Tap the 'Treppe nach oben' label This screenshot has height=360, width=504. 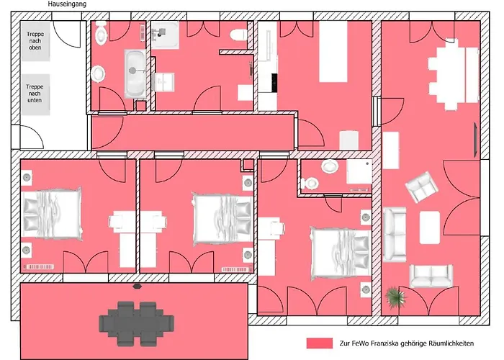pos(35,41)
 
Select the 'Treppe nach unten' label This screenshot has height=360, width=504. pos(35,93)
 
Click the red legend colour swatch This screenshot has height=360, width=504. pos(320,343)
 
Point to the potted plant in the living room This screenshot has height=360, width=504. pos(395,297)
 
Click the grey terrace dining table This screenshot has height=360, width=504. pos(137,323)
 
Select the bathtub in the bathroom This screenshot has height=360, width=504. pos(135,74)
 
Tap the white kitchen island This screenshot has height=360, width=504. pos(333,51)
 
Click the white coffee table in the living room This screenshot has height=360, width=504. pos(430,228)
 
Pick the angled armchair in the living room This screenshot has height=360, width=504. pos(421,186)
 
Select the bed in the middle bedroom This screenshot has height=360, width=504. pos(222,219)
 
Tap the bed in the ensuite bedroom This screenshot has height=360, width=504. pos(341,253)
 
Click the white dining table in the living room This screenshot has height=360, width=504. pos(453,75)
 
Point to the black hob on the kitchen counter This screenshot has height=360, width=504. pos(274,83)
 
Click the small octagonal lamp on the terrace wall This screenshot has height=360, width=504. pos(138,286)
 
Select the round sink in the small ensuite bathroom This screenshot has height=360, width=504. pos(330,166)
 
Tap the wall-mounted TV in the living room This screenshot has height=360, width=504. pos(476,140)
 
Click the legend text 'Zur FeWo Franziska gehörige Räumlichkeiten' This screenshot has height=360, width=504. pos(407,343)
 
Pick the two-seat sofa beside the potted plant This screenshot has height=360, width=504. pos(431,276)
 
